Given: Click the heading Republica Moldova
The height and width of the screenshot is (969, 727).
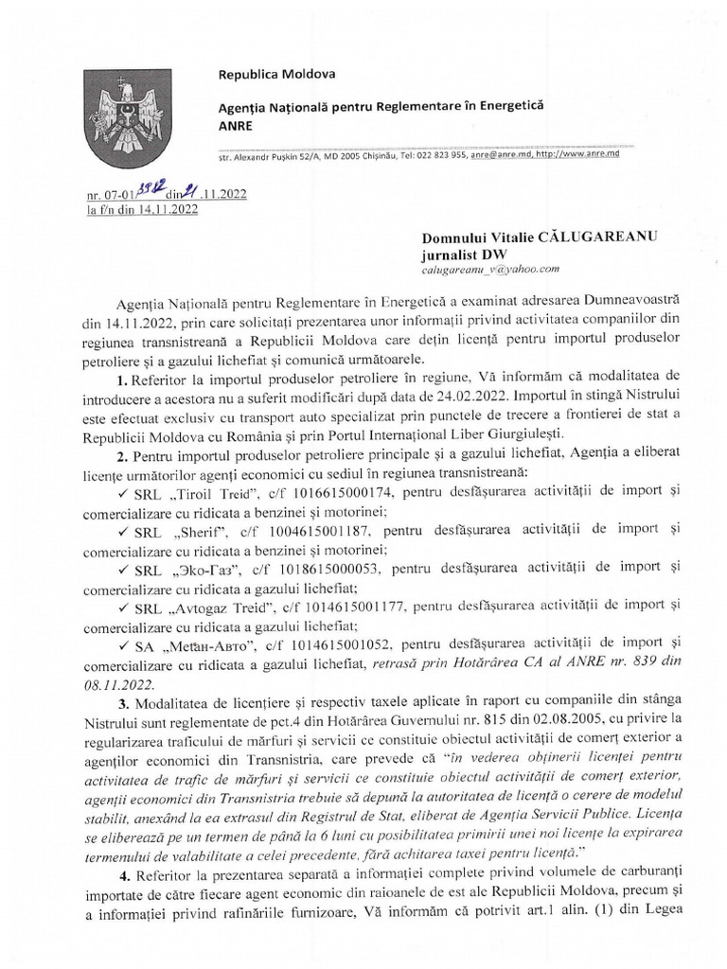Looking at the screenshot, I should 270,75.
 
